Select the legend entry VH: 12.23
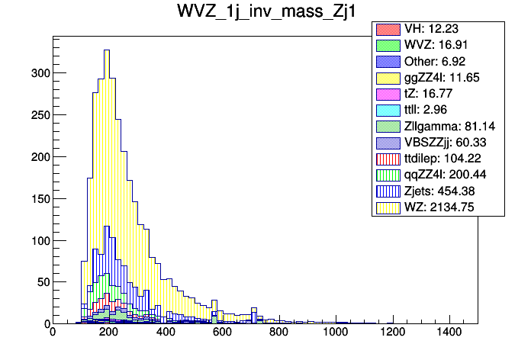click(439, 29)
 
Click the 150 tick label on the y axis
click(40, 199)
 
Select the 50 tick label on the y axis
click(43, 282)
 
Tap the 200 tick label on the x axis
click(108, 333)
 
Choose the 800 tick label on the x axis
click(279, 333)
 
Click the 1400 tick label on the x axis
click(449, 333)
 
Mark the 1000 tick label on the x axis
click(336, 333)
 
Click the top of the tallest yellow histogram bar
click(107, 50)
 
